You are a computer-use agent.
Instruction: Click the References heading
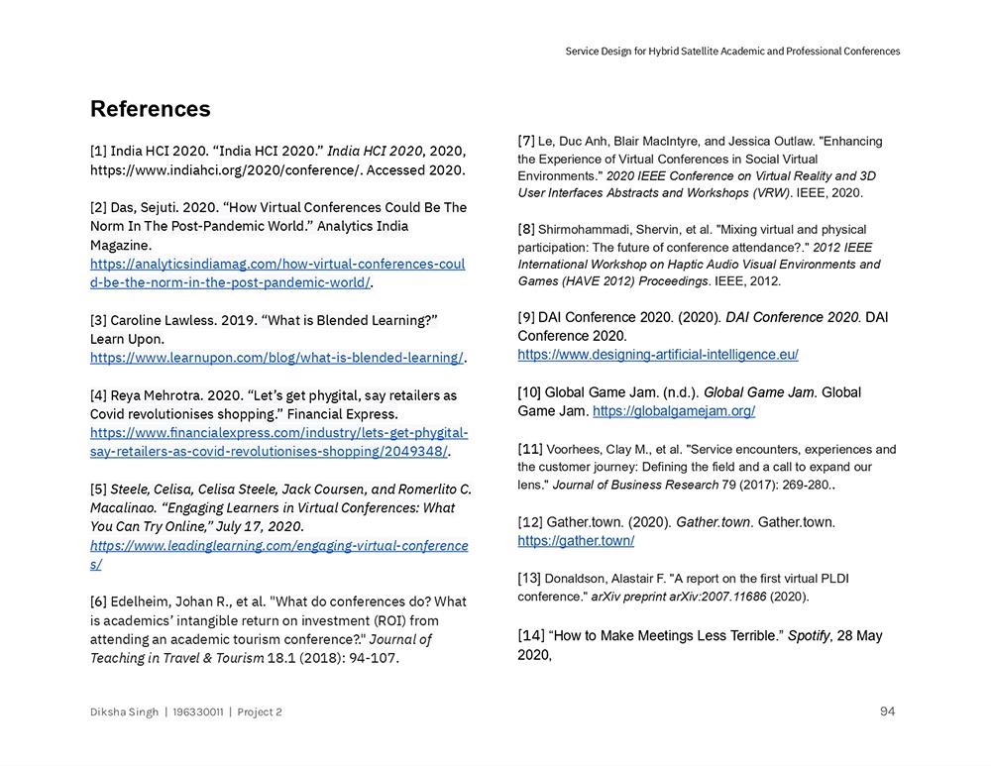coord(150,109)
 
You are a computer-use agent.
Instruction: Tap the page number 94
coord(887,711)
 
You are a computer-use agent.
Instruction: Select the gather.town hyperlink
coord(576,540)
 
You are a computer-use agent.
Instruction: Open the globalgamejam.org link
coord(674,410)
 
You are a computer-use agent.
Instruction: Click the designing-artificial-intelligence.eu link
coord(657,354)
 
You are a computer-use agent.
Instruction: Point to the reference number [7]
coord(526,141)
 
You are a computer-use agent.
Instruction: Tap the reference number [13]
coord(529,578)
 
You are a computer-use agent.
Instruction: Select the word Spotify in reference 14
coord(809,635)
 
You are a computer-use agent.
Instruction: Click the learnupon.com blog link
coord(276,357)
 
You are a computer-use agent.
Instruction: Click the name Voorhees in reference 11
coord(575,449)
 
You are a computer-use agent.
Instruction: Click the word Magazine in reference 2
coord(121,245)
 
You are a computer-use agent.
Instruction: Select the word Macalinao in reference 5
coord(124,507)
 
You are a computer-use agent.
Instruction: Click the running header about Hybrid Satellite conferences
coord(732,51)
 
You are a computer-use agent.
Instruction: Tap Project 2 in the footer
coord(260,711)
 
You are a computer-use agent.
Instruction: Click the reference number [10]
coord(529,392)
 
